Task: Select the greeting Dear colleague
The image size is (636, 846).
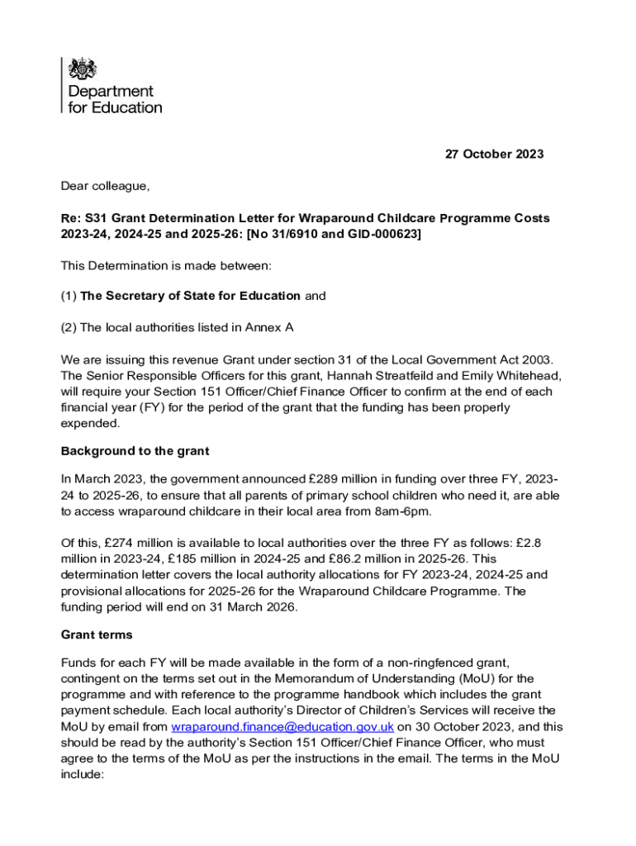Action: tap(106, 187)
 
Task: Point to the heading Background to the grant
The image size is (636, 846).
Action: tap(135, 451)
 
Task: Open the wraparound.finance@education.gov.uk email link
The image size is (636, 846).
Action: tap(282, 727)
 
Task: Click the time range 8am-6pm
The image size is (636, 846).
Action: tap(411, 511)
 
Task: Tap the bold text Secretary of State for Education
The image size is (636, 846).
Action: tap(190, 296)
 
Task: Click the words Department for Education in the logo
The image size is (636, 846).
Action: tap(115, 99)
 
